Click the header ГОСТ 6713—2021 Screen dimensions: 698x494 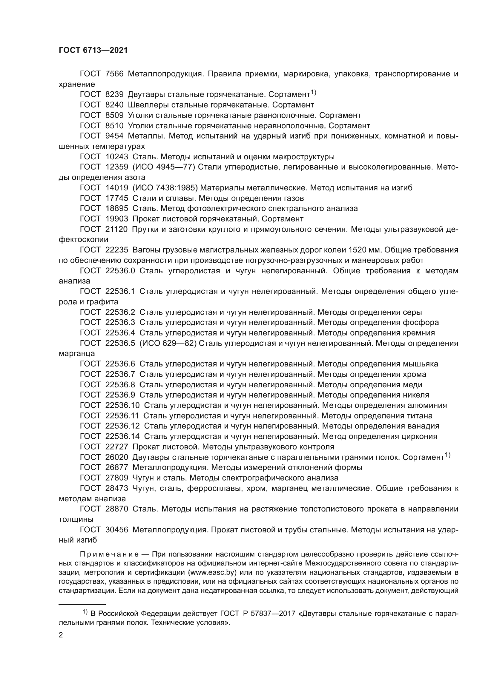pos(93,50)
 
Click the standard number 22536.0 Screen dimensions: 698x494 pos(120,271)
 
